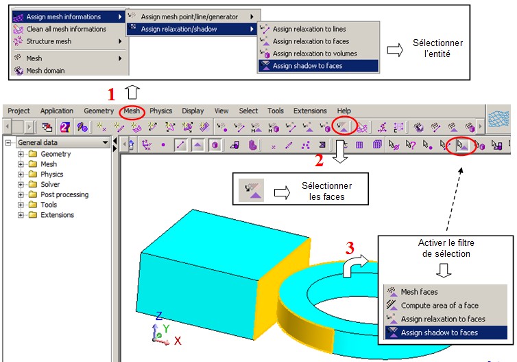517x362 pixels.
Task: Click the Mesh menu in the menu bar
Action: click(x=132, y=111)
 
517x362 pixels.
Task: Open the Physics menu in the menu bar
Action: click(x=160, y=111)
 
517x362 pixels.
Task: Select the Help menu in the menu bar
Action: click(x=344, y=111)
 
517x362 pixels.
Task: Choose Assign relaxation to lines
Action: click(x=309, y=29)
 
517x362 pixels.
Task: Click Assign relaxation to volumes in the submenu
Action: click(x=315, y=54)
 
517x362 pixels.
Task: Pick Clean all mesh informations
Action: click(x=66, y=29)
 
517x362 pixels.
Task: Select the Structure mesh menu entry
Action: click(x=49, y=41)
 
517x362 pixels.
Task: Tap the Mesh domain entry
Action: click(x=45, y=71)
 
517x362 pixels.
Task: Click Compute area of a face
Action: click(x=440, y=306)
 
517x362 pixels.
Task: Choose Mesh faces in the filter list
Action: click(x=419, y=292)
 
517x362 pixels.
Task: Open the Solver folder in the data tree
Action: click(x=50, y=184)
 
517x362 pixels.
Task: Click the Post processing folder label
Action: click(x=64, y=194)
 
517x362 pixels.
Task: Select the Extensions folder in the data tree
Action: click(x=57, y=215)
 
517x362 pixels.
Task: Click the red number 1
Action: click(x=112, y=94)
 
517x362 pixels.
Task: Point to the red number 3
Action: click(x=350, y=248)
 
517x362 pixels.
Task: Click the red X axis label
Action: click(x=178, y=341)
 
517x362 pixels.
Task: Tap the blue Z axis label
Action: click(x=159, y=316)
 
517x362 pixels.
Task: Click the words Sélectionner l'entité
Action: click(x=437, y=48)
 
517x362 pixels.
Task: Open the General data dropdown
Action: click(x=63, y=143)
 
